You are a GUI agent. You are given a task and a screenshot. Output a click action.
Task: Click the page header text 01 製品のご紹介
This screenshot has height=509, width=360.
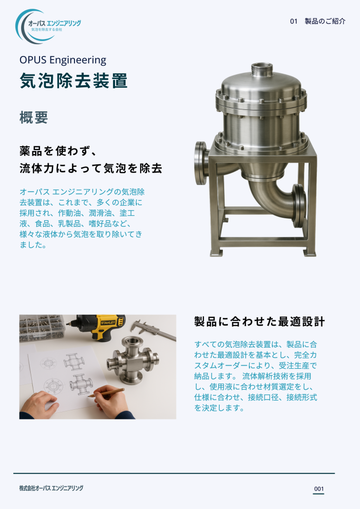click(317, 21)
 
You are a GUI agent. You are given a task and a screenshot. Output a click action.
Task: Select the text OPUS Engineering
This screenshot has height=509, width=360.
click(63, 60)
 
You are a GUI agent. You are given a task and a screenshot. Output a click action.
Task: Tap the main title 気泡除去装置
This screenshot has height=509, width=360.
click(73, 81)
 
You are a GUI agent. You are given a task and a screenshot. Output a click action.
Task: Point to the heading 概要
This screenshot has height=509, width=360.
click(34, 117)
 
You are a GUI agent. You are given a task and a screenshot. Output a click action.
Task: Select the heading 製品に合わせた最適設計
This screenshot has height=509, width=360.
click(259, 322)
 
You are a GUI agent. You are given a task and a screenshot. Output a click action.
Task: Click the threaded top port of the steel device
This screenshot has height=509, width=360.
click(263, 68)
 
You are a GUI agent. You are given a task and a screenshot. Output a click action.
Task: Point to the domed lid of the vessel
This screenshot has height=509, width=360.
click(262, 86)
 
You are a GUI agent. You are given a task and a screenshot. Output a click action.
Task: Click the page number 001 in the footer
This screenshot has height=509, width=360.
click(318, 488)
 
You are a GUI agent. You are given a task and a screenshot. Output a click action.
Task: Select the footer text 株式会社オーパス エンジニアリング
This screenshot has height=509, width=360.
click(51, 488)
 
